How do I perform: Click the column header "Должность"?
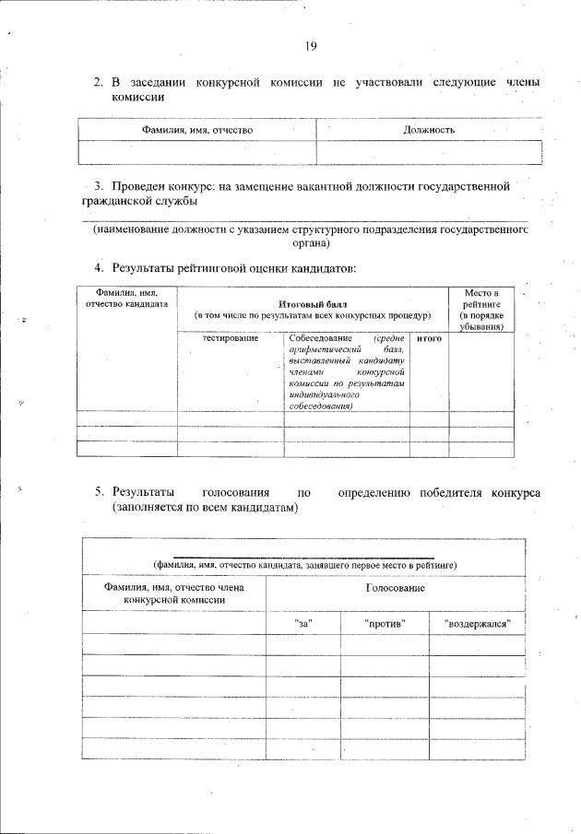pyautogui.click(x=429, y=130)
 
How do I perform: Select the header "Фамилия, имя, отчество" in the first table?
pyautogui.click(x=196, y=130)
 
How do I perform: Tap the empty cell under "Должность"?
pyautogui.click(x=429, y=152)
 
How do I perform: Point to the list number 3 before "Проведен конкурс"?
pyautogui.click(x=100, y=186)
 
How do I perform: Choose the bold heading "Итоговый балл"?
pyautogui.click(x=312, y=303)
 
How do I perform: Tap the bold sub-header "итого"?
pyautogui.click(x=429, y=339)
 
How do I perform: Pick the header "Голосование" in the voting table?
pyautogui.click(x=395, y=587)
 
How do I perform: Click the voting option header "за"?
pyautogui.click(x=302, y=624)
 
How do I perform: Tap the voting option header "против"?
pyautogui.click(x=385, y=624)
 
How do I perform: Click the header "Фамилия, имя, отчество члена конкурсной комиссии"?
pyautogui.click(x=174, y=593)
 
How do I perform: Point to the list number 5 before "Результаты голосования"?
pyautogui.click(x=99, y=492)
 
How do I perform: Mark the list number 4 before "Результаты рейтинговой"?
pyautogui.click(x=99, y=268)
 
